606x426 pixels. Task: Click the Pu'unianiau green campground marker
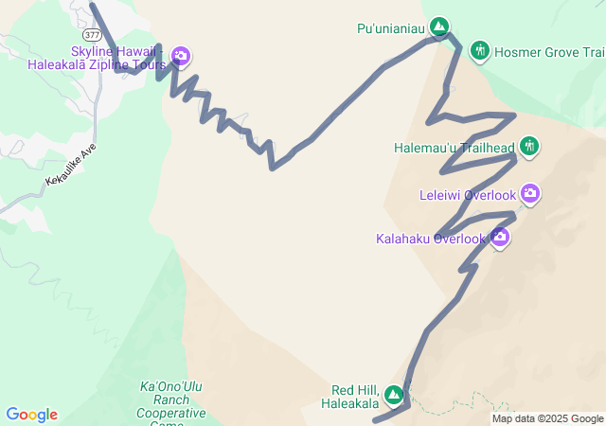point(439,27)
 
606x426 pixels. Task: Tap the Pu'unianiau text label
point(391,27)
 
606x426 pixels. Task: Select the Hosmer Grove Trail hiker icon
point(480,50)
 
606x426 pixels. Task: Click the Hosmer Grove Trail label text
point(549,51)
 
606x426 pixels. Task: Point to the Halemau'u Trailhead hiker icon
point(529,147)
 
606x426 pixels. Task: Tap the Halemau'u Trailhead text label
point(454,148)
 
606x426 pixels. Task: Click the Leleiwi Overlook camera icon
point(530,194)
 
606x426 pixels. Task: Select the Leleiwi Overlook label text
point(468,196)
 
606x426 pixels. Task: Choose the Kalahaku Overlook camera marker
point(500,238)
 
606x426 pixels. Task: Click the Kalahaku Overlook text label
point(431,239)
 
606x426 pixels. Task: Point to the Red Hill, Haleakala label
point(355,397)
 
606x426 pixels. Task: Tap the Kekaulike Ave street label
point(71,167)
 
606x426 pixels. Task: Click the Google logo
point(31,415)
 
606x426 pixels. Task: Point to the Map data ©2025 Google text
point(547,418)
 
